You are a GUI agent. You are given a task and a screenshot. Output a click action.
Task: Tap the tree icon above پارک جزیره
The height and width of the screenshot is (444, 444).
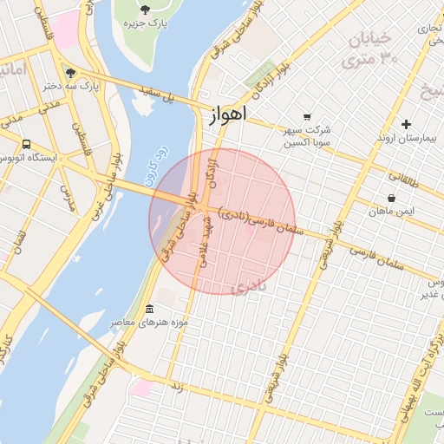point(144,10)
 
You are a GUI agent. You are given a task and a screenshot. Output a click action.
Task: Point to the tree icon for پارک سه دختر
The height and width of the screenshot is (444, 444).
point(70,74)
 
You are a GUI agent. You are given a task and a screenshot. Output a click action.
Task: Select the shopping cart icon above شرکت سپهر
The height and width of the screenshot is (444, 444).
point(306,117)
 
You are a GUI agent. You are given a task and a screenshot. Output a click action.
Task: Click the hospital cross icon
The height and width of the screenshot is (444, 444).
point(406,124)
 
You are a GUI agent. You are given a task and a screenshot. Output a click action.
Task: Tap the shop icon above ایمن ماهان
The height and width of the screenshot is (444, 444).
point(392,198)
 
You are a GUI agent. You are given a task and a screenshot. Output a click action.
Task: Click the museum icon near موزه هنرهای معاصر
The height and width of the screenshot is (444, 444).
point(150,310)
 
